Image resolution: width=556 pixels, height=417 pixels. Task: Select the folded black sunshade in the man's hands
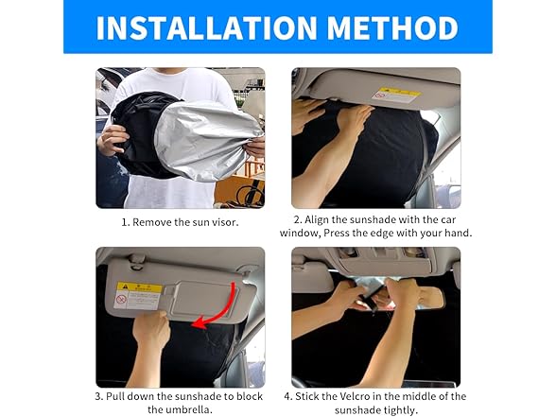[x=142, y=137]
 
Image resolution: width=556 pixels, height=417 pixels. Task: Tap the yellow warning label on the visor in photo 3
[x=139, y=294]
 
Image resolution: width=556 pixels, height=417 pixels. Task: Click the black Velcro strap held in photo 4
[x=374, y=301]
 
